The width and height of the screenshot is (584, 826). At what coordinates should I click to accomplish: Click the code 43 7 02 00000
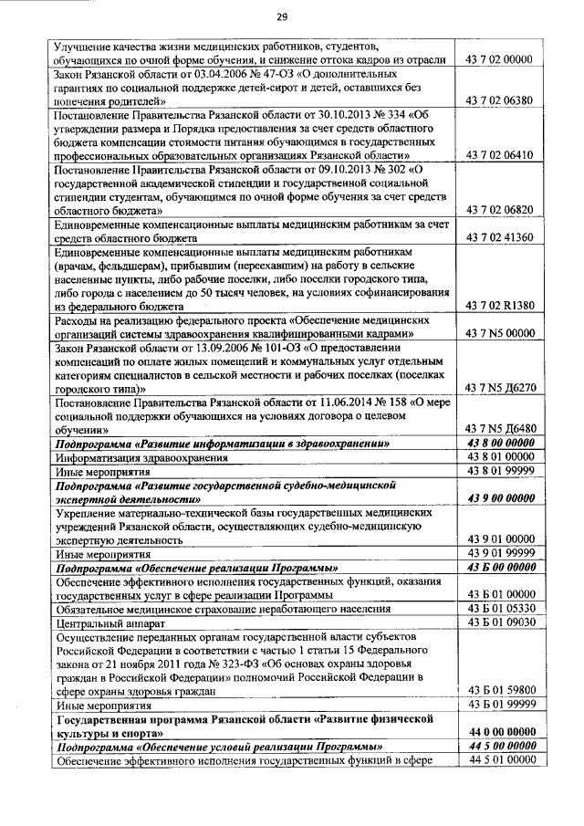[x=499, y=59]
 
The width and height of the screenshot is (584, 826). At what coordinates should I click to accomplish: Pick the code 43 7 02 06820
[x=499, y=211]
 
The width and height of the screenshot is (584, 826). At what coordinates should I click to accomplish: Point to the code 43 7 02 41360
[x=499, y=239]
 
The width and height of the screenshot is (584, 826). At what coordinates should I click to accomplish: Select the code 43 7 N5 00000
[x=499, y=334]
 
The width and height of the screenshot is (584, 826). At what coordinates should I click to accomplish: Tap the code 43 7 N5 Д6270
[x=499, y=389]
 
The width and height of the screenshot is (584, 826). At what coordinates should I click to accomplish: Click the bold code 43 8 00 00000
[x=499, y=444]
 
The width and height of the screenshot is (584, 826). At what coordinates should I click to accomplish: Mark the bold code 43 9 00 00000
[x=499, y=498]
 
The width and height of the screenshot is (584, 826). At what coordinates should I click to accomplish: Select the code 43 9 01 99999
[x=499, y=553]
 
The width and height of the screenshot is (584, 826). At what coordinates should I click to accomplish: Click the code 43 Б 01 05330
[x=499, y=608]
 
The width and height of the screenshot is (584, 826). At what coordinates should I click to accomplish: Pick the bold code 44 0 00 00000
[x=499, y=731]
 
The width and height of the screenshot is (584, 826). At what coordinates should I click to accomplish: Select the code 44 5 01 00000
[x=499, y=758]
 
